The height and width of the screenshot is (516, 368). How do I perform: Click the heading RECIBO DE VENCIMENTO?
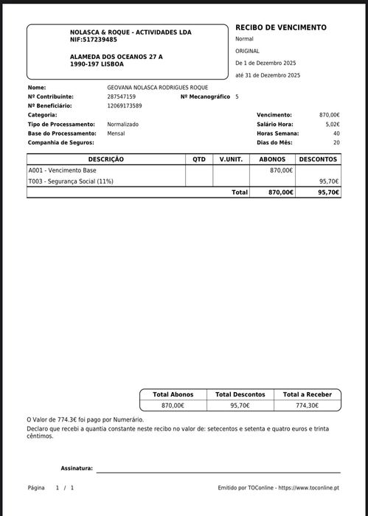pyautogui.click(x=280, y=27)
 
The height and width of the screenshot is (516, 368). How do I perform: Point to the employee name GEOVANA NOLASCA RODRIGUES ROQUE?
pyautogui.click(x=158, y=88)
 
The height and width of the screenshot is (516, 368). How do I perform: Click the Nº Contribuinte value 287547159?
pyautogui.click(x=122, y=97)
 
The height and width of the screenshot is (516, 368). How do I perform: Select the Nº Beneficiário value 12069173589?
pyautogui.click(x=125, y=106)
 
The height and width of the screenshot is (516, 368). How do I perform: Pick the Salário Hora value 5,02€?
pyautogui.click(x=333, y=125)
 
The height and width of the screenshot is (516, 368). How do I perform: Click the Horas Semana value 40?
pyautogui.click(x=336, y=133)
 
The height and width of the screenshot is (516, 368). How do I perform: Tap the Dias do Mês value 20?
pyautogui.click(x=336, y=142)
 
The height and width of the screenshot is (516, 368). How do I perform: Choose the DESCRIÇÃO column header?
pyautogui.click(x=106, y=159)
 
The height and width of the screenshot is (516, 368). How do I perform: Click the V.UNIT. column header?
pyautogui.click(x=231, y=159)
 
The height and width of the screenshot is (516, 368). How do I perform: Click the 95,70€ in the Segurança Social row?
pyautogui.click(x=328, y=181)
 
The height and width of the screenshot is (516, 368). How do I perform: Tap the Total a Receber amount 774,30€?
pyautogui.click(x=308, y=405)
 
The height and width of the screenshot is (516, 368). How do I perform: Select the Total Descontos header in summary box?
pyautogui.click(x=240, y=394)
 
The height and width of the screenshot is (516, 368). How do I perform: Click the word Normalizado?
pyautogui.click(x=122, y=125)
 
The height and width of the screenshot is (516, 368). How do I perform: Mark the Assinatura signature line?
pyautogui.click(x=218, y=470)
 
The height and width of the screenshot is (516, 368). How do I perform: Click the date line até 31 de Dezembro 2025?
pyautogui.click(x=268, y=76)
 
